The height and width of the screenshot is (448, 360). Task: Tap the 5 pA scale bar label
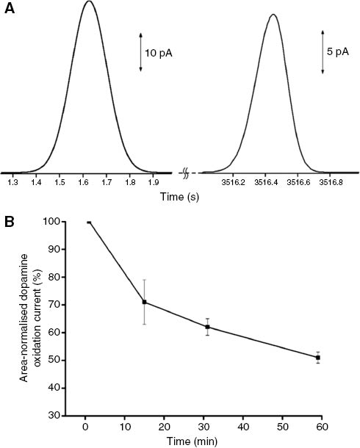tap(339, 53)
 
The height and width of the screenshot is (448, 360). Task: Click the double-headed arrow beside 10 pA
tap(140, 52)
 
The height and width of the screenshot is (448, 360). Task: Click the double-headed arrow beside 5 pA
tap(323, 52)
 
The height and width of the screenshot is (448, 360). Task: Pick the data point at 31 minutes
tap(209, 327)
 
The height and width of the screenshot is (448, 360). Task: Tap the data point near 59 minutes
tap(318, 358)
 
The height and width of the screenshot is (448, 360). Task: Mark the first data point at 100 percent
tap(89, 222)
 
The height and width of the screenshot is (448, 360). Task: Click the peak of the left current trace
tap(89, 1)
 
